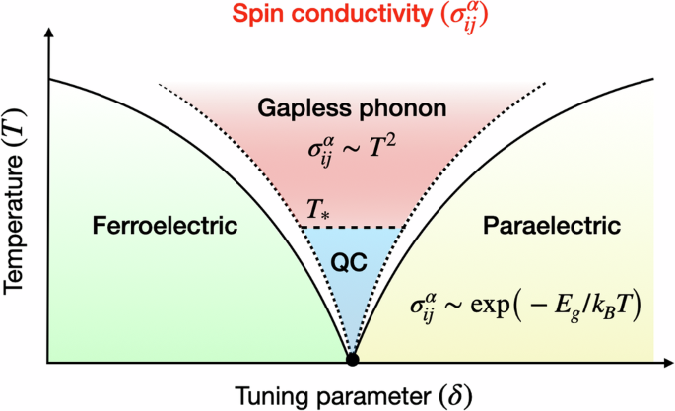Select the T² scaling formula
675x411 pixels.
(350, 153)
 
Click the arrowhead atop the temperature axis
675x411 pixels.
(47, 40)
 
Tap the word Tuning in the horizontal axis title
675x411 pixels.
(265, 393)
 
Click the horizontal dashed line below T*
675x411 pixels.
(352, 228)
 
